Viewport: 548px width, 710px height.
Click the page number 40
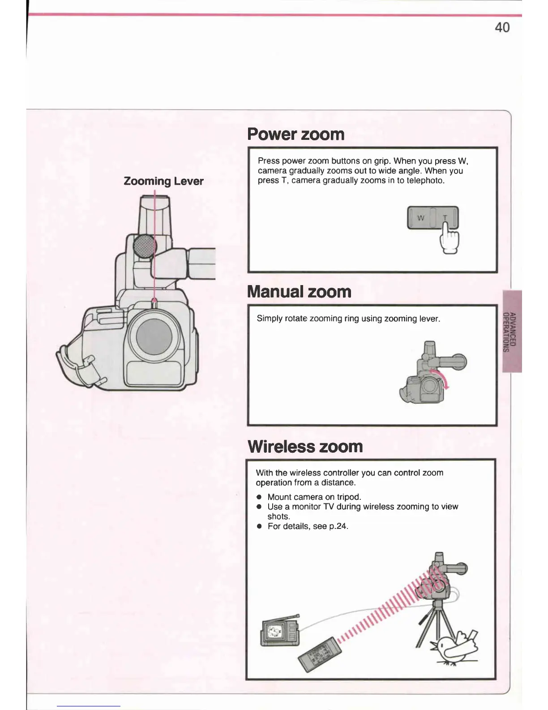[x=502, y=27]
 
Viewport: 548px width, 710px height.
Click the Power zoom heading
[x=296, y=134]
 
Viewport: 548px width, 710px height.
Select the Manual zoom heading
[x=299, y=292]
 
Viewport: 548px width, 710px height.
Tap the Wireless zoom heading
[x=305, y=446]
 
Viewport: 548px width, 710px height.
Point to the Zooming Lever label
[x=163, y=181]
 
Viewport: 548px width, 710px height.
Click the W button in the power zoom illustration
[x=420, y=218]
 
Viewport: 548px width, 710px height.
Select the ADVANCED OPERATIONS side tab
[x=512, y=332]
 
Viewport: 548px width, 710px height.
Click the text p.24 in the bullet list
[x=338, y=526]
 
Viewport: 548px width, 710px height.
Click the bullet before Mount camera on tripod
[x=259, y=497]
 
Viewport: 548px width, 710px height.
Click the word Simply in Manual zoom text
[x=270, y=319]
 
